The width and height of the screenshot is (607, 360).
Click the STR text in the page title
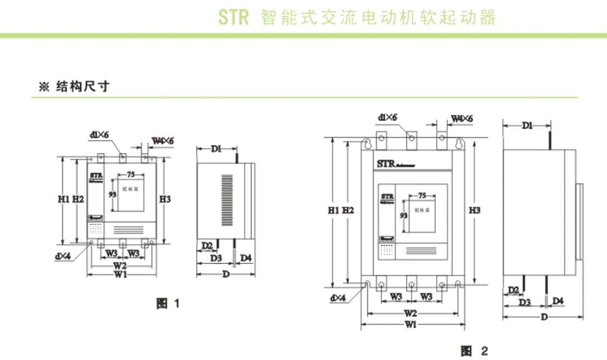coord(233,17)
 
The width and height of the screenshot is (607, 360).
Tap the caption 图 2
coord(474,351)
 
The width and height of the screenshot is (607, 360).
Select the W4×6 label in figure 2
coord(462,119)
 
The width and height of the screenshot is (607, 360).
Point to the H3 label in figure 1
coord(165,199)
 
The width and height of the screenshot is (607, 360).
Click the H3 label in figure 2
coord(475,210)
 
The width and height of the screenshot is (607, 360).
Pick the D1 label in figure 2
coord(527,126)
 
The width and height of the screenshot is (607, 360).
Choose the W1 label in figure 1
coord(120,275)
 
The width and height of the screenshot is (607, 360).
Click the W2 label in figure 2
coord(410,313)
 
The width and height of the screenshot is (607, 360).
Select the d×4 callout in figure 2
coord(338,298)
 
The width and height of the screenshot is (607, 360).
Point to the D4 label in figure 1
coord(246,258)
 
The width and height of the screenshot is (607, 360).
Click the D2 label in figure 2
coord(512,290)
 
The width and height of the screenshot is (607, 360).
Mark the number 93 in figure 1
coord(112,194)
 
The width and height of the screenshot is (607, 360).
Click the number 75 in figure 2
coord(422,195)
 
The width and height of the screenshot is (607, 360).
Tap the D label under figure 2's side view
coord(543,317)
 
